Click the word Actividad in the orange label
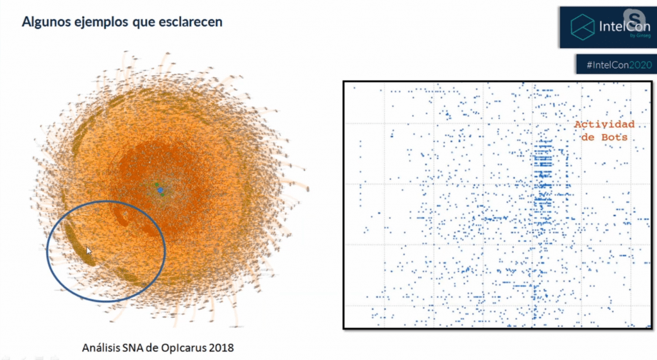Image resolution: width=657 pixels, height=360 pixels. coord(604,124)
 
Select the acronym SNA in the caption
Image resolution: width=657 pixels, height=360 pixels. coord(142,348)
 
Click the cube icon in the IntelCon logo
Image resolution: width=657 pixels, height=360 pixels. coord(583,27)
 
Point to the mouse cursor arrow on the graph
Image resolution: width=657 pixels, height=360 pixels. coord(89,251)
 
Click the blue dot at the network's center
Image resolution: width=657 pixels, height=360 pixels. coord(160,191)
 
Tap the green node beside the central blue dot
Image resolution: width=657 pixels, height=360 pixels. coord(157,185)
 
